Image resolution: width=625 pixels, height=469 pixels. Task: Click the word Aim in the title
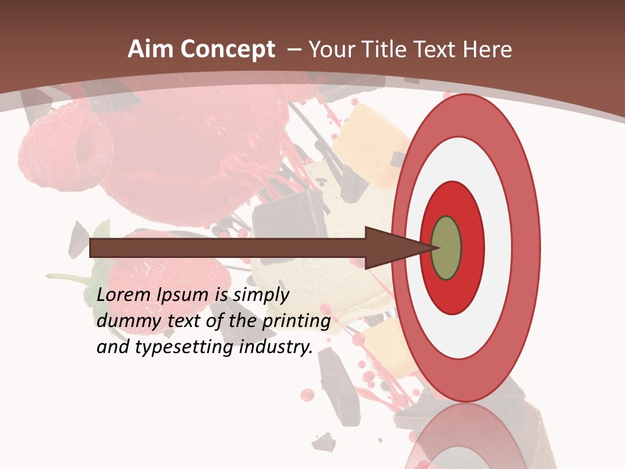tap(151, 50)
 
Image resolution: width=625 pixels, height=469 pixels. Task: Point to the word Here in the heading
tap(487, 50)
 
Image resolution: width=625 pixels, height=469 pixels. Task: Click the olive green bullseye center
tap(446, 248)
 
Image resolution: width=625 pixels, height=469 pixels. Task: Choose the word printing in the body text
tap(296, 322)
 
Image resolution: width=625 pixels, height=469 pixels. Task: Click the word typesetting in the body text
tap(185, 348)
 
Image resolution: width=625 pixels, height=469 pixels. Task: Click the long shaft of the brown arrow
tap(228, 248)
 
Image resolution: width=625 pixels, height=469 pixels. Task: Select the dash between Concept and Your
tap(294, 50)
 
